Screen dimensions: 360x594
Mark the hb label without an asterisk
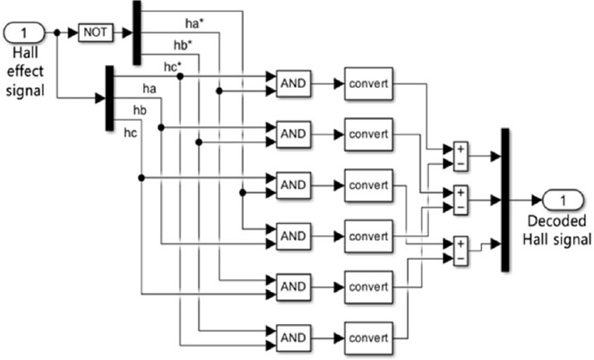click(x=140, y=109)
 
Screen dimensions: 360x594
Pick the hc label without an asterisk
click(x=130, y=133)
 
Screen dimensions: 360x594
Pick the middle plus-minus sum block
click(x=460, y=199)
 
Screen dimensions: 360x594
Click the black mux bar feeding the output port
click(x=504, y=199)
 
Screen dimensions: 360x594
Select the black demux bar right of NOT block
click(x=137, y=32)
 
